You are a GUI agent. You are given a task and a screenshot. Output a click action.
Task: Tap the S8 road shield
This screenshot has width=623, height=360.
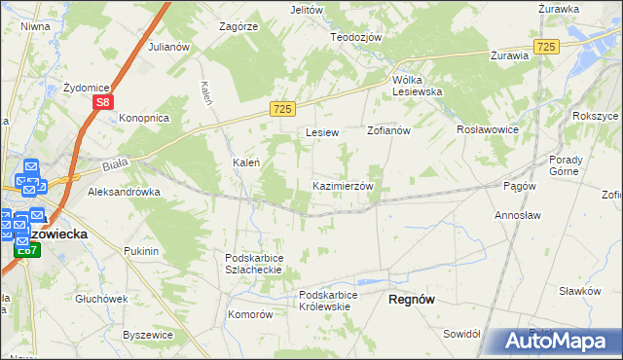(104, 100)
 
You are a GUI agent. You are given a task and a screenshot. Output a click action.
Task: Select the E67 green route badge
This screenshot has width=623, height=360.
(26, 251)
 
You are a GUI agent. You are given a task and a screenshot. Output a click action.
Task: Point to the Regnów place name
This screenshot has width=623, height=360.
(412, 300)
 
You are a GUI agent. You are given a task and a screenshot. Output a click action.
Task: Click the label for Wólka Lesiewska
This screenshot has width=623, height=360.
(418, 85)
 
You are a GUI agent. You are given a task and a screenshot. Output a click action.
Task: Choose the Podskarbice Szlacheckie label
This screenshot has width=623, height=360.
(253, 264)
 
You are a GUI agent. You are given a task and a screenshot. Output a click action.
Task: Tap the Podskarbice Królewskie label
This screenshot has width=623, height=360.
(337, 301)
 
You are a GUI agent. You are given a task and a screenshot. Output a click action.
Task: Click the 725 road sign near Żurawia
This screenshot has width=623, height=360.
(546, 47)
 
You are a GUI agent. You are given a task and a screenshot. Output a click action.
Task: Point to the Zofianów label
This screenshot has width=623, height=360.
(390, 129)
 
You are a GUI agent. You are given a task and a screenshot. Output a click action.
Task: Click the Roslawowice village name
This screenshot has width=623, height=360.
(488, 129)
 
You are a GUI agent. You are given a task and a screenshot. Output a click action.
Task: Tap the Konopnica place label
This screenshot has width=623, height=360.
(144, 118)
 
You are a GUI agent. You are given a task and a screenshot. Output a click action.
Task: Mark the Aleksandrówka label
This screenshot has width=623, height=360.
(124, 192)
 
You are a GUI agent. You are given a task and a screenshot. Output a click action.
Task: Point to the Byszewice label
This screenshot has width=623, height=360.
(148, 335)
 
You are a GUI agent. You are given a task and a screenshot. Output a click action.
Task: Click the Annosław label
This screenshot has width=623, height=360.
(519, 214)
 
